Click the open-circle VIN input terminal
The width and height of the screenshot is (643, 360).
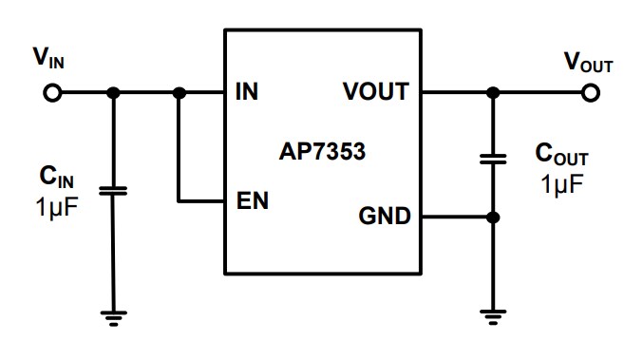(52, 93)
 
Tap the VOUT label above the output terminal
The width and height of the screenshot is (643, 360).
(588, 63)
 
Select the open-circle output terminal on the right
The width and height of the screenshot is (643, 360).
(591, 93)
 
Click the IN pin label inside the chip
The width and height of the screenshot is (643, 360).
(246, 93)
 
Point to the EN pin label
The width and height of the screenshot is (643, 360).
(252, 201)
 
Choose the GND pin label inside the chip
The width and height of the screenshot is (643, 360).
(384, 217)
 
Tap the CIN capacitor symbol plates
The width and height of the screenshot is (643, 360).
(113, 191)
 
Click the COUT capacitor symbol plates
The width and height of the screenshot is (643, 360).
(492, 159)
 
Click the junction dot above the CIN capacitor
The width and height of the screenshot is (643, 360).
(113, 93)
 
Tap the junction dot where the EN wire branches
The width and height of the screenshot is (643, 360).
(179, 93)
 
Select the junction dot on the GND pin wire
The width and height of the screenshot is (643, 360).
(492, 218)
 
